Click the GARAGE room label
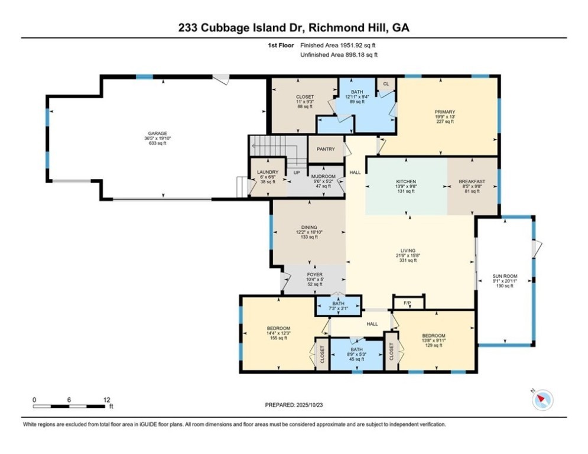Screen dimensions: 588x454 158,133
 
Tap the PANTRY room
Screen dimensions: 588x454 326,149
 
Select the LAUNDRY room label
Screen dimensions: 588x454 268,172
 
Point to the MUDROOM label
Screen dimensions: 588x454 323,176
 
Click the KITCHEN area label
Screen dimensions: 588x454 406,181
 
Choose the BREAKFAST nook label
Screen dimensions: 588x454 472,181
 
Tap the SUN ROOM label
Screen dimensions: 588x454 505,276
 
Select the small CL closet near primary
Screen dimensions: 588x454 386,84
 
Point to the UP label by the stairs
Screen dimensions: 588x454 297,173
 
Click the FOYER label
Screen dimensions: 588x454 314,275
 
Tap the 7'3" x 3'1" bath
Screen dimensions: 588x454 338,306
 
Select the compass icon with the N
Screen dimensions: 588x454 542,399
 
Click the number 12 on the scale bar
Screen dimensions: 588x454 106,400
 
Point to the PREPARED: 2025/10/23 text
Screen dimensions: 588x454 294,405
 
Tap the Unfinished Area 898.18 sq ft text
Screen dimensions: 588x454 339,55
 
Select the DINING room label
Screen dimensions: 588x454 309,228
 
